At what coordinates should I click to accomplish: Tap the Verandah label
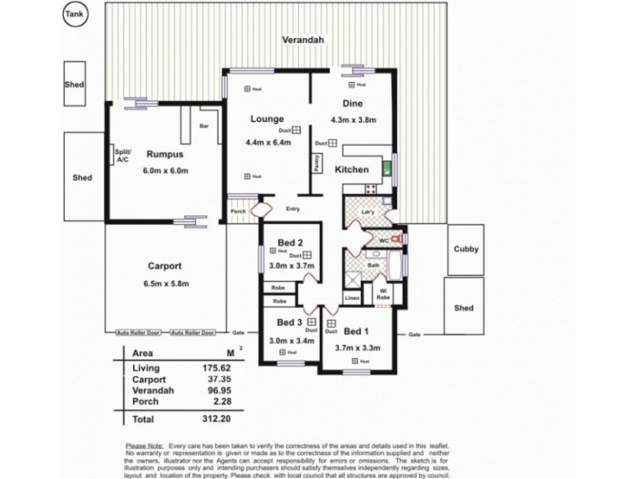303,41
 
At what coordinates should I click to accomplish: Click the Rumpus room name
165,154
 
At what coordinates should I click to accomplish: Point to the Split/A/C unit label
121,156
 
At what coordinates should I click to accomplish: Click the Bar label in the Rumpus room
204,126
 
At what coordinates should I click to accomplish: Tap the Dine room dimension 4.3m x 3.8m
353,120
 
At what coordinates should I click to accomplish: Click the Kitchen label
351,169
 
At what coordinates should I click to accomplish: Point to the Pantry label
317,163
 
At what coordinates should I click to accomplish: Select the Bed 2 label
289,242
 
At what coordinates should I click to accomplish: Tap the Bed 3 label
289,322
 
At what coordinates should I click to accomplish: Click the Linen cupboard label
352,298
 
